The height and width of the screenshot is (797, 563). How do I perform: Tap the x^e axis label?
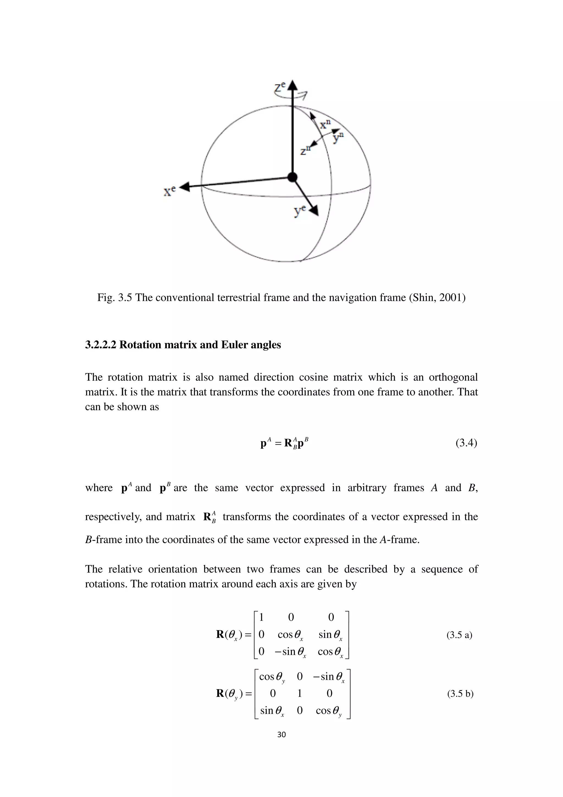pyautogui.click(x=170, y=191)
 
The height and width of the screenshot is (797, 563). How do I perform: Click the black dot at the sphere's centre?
pyautogui.click(x=293, y=177)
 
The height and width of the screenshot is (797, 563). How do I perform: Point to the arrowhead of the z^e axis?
pyautogui.click(x=293, y=85)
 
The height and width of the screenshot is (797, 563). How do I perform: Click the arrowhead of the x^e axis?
pyautogui.click(x=184, y=187)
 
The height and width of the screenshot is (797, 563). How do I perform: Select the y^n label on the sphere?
pyautogui.click(x=338, y=138)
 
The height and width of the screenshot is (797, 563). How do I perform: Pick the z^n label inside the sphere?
pyautogui.click(x=305, y=150)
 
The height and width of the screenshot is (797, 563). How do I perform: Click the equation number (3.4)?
pyautogui.click(x=466, y=443)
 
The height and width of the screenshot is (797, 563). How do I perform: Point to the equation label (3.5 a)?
pyautogui.click(x=459, y=635)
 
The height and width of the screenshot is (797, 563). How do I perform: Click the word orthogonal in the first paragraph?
pyautogui.click(x=453, y=377)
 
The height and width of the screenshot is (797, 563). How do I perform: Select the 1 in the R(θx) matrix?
pyautogui.click(x=261, y=617)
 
